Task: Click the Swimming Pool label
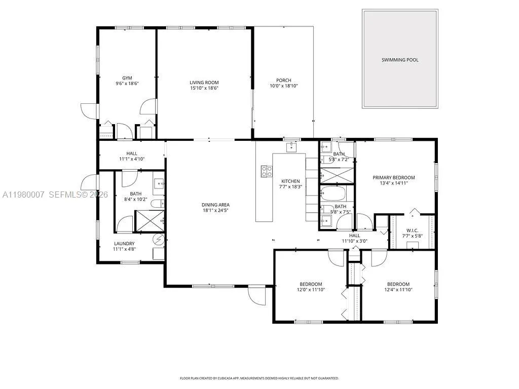[x=400, y=60]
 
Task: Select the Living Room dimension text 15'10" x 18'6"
[x=204, y=88]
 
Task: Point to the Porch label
[x=283, y=80]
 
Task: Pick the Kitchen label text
[x=291, y=181]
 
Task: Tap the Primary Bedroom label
[x=394, y=177]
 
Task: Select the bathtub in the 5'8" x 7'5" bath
[x=333, y=194]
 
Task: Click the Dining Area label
[x=216, y=205]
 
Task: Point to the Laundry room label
[x=124, y=244]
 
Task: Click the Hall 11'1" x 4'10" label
[x=132, y=153]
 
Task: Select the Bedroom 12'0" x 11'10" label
[x=311, y=284]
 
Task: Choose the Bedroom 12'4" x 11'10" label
[x=398, y=284]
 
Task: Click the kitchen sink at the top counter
[x=291, y=147]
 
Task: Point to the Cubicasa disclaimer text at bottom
[x=259, y=378]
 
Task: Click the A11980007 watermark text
[x=23, y=194]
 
